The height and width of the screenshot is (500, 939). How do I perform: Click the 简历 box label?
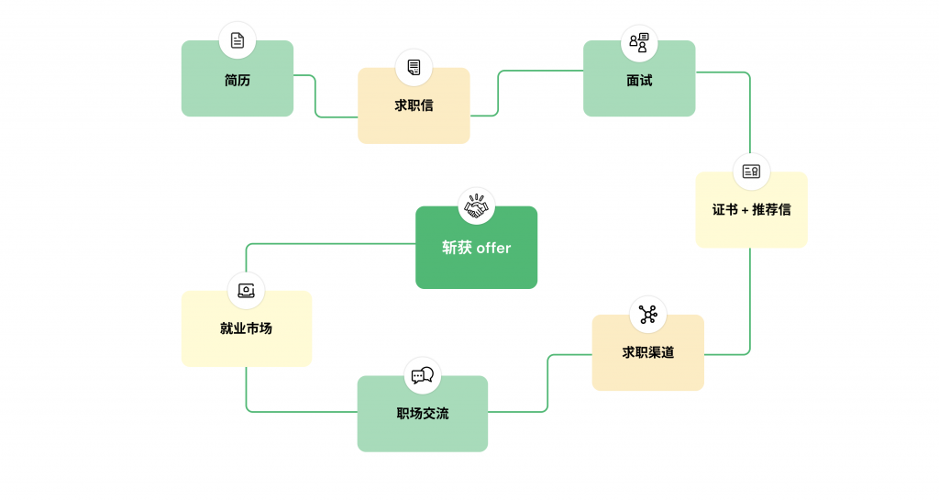pos(237,81)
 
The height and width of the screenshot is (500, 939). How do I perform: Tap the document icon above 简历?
pos(238,40)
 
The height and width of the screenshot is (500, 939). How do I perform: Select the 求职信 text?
pos(414,106)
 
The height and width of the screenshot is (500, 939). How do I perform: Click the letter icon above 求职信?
pos(414,67)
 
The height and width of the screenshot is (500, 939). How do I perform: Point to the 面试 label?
pos(639,81)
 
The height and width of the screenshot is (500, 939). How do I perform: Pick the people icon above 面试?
pos(639,42)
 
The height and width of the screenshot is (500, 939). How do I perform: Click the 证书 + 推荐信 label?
pos(751,209)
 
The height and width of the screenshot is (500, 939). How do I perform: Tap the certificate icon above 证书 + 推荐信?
pos(751,172)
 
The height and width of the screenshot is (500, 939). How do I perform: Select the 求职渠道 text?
pos(647,352)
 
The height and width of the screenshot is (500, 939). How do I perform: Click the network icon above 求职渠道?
pos(647,315)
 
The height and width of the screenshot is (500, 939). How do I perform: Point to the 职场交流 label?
pos(423,414)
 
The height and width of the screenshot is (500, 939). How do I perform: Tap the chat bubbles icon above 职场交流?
pos(423,375)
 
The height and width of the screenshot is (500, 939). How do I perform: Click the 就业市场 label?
pos(246,328)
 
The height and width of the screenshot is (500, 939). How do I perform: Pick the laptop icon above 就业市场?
pos(246,291)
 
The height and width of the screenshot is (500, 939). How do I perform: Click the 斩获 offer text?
pos(476,248)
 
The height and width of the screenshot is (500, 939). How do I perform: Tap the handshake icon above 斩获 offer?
pos(476,206)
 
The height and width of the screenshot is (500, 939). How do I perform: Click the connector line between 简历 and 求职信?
pos(315,96)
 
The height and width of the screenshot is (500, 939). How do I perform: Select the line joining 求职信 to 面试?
pos(498,92)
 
